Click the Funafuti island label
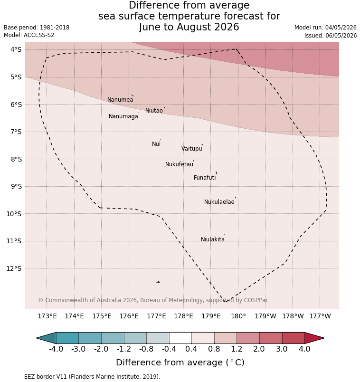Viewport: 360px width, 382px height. pyautogui.click(x=205, y=178)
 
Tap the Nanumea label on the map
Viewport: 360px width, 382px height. pyautogui.click(x=120, y=100)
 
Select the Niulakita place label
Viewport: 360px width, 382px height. pyautogui.click(x=213, y=239)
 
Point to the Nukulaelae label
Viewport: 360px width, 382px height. pyautogui.click(x=219, y=202)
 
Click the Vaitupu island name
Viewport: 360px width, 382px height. pyautogui.click(x=192, y=149)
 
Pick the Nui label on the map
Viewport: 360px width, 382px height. pyautogui.click(x=156, y=144)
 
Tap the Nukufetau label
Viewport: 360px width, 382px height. pyautogui.click(x=179, y=164)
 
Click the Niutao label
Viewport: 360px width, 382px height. pyautogui.click(x=154, y=111)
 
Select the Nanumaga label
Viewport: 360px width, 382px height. pyautogui.click(x=123, y=116)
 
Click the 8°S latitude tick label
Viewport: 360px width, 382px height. pyautogui.click(x=16, y=159)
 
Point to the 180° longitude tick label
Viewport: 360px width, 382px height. pyautogui.click(x=238, y=316)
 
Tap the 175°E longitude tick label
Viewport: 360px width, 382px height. pyautogui.click(x=102, y=316)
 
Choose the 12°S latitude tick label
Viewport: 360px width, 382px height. pyautogui.click(x=14, y=268)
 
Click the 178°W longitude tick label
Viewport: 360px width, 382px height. pyautogui.click(x=293, y=316)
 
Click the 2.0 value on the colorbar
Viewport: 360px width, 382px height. pyautogui.click(x=259, y=349)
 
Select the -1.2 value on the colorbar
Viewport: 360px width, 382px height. pyautogui.click(x=124, y=349)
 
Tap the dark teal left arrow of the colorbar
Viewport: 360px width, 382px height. pyautogui.click(x=46, y=338)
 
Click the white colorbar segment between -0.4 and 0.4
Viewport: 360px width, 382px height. pyautogui.click(x=180, y=338)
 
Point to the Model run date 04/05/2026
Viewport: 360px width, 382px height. pyautogui.click(x=341, y=28)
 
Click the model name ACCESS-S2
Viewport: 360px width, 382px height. pyautogui.click(x=39, y=35)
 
